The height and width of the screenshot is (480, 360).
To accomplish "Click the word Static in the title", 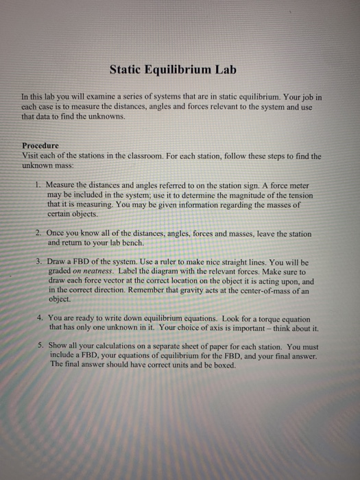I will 128,69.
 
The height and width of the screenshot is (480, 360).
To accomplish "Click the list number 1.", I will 37,186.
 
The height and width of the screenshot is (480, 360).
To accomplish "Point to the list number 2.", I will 37,235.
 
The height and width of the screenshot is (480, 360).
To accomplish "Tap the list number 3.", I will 37,263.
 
